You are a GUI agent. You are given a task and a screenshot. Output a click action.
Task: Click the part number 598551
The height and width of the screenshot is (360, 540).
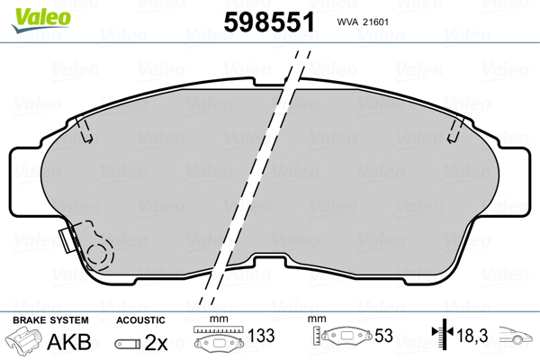click(269, 22)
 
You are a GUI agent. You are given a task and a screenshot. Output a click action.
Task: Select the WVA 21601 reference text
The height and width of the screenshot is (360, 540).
click(363, 22)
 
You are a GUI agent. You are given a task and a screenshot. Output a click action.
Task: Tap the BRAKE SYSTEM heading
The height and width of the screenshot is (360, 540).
click(50, 320)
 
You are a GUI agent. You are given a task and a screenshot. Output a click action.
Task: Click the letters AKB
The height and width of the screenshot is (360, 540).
click(69, 341)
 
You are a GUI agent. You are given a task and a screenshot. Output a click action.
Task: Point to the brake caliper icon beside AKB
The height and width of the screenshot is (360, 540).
click(23, 339)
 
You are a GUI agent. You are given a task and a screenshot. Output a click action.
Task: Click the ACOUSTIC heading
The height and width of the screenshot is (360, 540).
click(140, 320)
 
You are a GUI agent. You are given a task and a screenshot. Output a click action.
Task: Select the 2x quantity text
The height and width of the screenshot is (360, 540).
click(156, 342)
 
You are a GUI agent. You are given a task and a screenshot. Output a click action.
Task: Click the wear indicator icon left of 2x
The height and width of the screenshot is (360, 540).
click(128, 344)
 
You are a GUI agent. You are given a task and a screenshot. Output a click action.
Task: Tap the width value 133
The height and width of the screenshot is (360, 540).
click(261, 335)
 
